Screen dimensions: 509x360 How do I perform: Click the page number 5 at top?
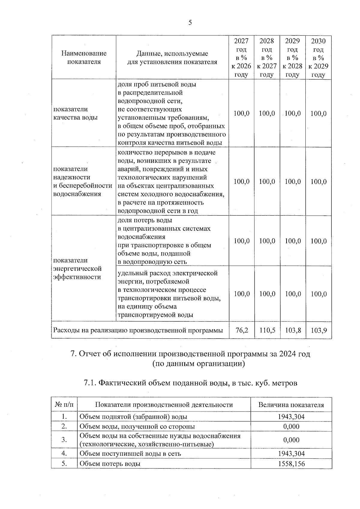click(x=190, y=23)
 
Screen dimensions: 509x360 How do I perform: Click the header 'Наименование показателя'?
click(x=84, y=58)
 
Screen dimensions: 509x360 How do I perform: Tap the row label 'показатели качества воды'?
click(x=75, y=113)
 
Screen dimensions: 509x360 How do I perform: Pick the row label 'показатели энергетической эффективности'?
click(x=77, y=268)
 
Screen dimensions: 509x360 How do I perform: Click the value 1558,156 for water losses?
click(x=291, y=464)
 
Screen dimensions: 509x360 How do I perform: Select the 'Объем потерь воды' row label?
click(x=110, y=464)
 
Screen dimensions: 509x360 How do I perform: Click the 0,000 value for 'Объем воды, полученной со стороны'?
click(x=291, y=426)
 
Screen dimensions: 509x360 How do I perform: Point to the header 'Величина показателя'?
click(x=291, y=405)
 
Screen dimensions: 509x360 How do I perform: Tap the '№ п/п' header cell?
click(x=64, y=405)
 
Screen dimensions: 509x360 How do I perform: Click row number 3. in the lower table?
click(x=64, y=440)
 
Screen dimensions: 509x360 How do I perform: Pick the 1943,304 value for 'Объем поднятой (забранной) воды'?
click(x=291, y=417)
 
